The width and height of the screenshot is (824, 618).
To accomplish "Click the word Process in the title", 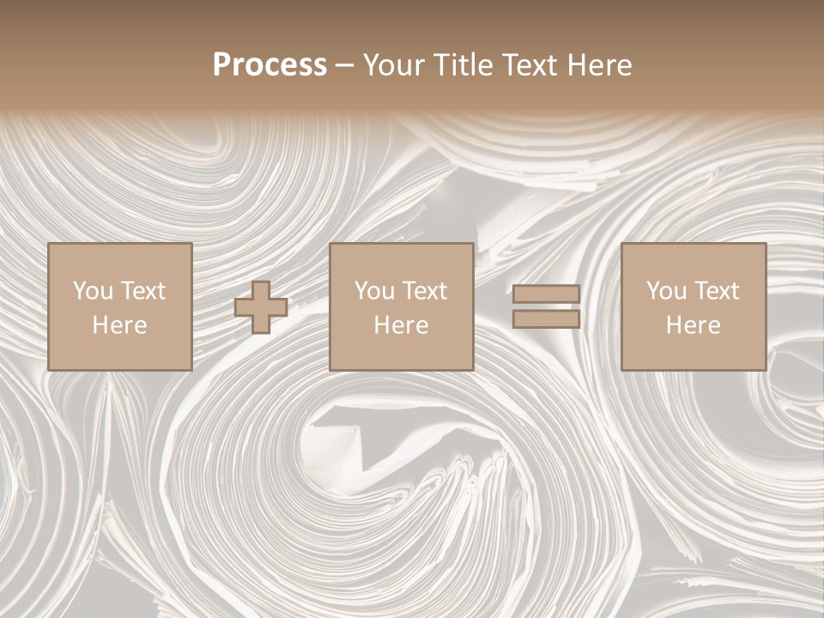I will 270,65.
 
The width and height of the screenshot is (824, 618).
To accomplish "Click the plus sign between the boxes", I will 261,307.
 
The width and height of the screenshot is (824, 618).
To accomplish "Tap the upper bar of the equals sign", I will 546,294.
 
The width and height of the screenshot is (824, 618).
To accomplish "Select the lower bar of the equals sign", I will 546,319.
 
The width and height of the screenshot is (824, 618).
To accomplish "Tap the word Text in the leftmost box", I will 142,291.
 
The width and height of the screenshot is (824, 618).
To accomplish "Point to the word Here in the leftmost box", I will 120,325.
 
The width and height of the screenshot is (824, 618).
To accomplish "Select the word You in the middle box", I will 374,291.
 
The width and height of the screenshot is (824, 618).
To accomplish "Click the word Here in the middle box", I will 402,325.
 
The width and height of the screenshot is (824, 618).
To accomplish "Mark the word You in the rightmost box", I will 666,291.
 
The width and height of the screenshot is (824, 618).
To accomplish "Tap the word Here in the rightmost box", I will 694,325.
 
